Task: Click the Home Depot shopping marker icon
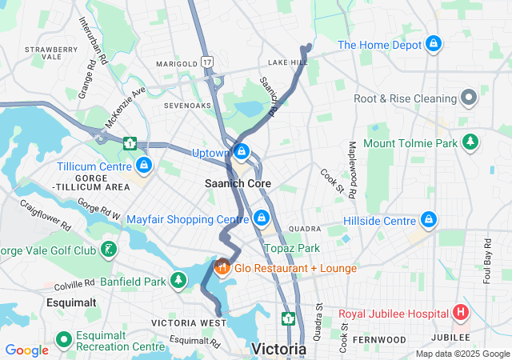pyautogui.click(x=434, y=43)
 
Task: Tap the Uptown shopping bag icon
pyautogui.click(x=241, y=151)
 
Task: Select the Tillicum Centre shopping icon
pyautogui.click(x=144, y=166)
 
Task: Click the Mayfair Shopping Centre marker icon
pyautogui.click(x=262, y=218)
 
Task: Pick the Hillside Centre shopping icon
pyautogui.click(x=429, y=219)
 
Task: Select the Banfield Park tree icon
pyautogui.click(x=178, y=280)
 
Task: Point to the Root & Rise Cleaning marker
pyautogui.click(x=469, y=99)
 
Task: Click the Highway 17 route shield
pyautogui.click(x=208, y=62)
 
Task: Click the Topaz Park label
pyautogui.click(x=292, y=249)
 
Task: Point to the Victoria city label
pyautogui.click(x=279, y=349)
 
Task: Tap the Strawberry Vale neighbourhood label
pyautogui.click(x=50, y=53)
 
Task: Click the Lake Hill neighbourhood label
pyautogui.click(x=288, y=62)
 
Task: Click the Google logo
pyautogui.click(x=26, y=350)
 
